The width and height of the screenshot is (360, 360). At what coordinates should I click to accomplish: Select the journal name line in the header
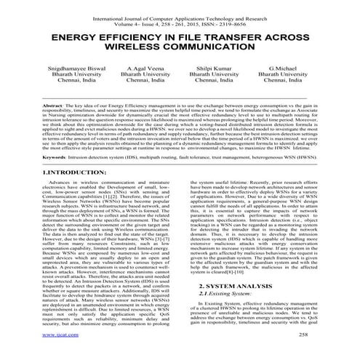pyautogui.click(x=179, y=11)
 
